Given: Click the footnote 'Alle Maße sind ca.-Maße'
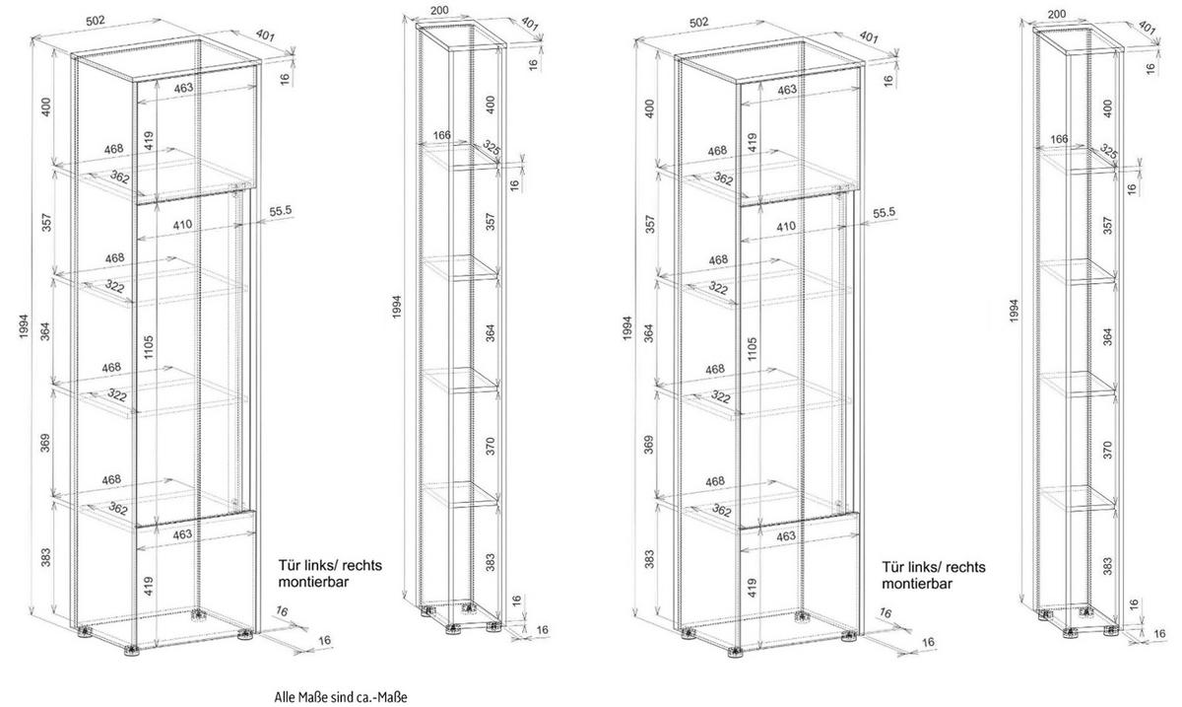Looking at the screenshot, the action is (x=341, y=696).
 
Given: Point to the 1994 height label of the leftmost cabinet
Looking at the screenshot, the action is (x=25, y=326).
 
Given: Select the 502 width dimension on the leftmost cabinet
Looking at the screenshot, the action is (x=97, y=21).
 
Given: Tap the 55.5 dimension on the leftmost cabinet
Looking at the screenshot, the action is (x=280, y=211).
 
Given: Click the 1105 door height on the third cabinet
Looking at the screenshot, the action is (x=752, y=349).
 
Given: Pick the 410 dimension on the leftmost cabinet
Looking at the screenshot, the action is (x=182, y=225).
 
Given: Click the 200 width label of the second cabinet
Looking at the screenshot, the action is (x=439, y=10).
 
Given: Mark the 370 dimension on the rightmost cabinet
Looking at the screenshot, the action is (x=1107, y=450).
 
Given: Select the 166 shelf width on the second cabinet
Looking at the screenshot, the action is (x=441, y=135).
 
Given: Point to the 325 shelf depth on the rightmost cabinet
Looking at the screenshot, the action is (x=1109, y=152).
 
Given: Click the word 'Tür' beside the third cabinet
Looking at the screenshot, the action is (x=892, y=567).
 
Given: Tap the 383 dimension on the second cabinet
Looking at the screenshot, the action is (x=491, y=562).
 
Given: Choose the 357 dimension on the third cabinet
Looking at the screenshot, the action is (x=650, y=224).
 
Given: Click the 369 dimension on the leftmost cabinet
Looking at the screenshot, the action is (x=45, y=443).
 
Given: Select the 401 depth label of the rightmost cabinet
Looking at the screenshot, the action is (x=1147, y=29).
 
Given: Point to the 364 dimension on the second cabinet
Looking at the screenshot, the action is (x=491, y=333).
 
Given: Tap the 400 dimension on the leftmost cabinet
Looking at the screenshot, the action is (x=46, y=107).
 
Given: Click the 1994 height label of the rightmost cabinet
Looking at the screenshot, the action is (x=1014, y=312).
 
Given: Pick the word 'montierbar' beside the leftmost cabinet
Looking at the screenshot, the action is (x=313, y=582).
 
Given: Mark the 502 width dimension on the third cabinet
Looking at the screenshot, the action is (x=698, y=23).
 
